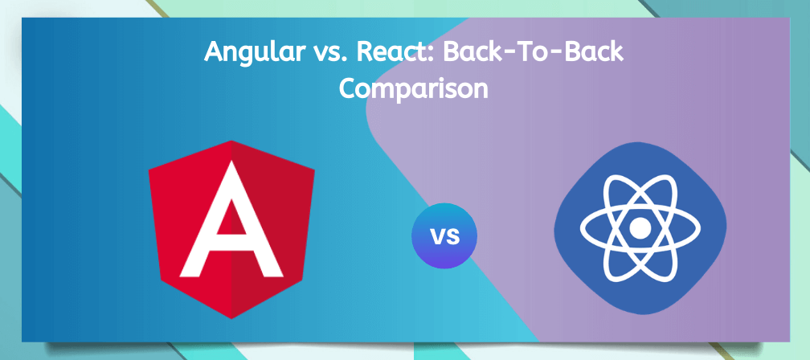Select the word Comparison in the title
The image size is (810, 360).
413,89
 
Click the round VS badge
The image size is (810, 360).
444,236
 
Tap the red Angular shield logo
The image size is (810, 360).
231,229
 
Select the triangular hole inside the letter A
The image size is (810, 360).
231,218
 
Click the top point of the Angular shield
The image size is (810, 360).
231,141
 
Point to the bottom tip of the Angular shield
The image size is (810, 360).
231,318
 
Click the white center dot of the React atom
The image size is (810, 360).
640,227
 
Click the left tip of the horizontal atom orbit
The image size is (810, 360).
581,227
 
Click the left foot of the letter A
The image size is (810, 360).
189,274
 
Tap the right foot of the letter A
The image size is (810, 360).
273,274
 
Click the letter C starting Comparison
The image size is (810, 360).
349,89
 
